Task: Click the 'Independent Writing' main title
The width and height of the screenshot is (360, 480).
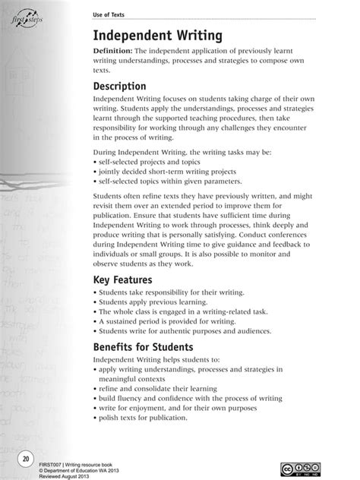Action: (x=158, y=36)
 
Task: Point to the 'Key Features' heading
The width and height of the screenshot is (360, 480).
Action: (x=128, y=280)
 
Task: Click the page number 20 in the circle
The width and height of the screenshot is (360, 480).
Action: (x=26, y=459)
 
